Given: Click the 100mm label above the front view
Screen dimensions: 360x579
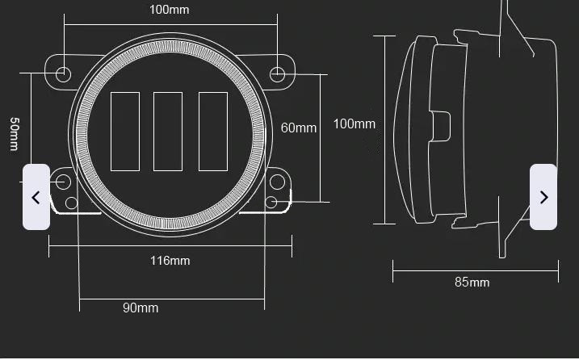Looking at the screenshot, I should [x=170, y=10].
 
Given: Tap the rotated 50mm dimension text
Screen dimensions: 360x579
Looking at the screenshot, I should [x=15, y=134].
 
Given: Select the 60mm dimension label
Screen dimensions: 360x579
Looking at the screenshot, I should [x=299, y=128].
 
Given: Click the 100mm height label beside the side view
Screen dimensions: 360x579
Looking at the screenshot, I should [x=355, y=123].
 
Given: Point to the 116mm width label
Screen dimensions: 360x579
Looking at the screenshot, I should [x=170, y=260].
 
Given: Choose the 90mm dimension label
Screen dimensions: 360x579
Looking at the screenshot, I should [x=141, y=308].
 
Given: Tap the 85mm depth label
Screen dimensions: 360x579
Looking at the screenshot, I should [x=472, y=282].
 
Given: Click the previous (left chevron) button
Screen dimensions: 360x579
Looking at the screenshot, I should [x=36, y=197].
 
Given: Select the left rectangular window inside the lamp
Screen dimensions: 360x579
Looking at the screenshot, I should [x=125, y=132].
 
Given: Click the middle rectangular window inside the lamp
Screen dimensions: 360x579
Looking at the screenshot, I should [x=167, y=132].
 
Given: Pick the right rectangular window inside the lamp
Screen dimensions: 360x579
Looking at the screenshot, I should [x=212, y=132].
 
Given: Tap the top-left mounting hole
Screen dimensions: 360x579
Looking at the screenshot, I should [x=63, y=74].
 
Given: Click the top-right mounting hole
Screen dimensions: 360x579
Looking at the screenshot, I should [x=277, y=74].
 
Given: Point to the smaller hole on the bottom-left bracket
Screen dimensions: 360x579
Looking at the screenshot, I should [x=72, y=203].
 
